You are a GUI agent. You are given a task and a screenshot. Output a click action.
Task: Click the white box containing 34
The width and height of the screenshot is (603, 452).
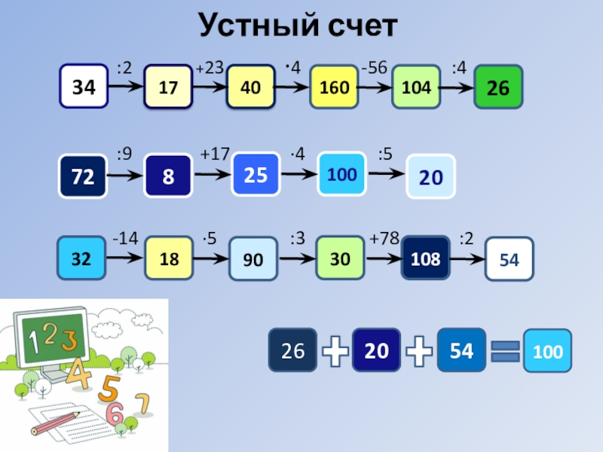coord(84,87)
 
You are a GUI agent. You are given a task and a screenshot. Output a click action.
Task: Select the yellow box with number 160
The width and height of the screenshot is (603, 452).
coord(334,87)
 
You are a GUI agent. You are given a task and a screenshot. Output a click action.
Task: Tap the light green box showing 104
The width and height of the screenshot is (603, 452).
coord(416,87)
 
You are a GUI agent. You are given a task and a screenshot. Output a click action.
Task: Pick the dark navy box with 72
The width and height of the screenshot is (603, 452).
coord(83,176)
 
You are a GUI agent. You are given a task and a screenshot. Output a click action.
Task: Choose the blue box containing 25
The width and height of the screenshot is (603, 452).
coord(256,174)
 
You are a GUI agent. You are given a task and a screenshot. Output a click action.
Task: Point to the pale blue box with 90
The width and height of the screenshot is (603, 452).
coord(253,260)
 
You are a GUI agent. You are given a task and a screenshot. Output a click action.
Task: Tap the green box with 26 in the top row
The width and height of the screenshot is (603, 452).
coord(497,88)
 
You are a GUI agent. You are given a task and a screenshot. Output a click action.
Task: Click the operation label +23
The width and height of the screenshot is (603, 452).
coord(210,69)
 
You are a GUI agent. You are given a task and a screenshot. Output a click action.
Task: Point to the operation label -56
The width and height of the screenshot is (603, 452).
coord(374,69)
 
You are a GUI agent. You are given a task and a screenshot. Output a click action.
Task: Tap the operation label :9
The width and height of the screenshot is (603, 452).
coord(125,155)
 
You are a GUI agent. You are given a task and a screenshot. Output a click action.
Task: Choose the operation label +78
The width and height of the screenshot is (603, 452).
coord(384,239)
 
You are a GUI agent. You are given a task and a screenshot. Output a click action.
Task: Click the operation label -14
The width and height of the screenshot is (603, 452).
coord(125,239)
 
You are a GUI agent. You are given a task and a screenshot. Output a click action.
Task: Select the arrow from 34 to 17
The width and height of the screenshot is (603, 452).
coord(126,87)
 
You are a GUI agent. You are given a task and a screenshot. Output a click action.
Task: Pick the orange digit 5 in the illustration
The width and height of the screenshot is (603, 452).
coord(109,389)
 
